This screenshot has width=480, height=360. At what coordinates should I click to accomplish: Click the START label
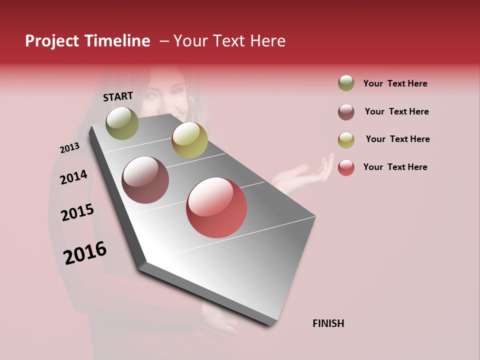tap(118, 96)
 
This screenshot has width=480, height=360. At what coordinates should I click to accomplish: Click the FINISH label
tap(328, 323)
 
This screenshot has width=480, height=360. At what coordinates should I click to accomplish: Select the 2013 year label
tap(69, 148)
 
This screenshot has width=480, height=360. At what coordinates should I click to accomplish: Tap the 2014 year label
tap(73, 177)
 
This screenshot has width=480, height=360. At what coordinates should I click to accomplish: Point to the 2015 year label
tap(77, 212)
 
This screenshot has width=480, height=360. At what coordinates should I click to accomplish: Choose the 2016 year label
tap(85, 252)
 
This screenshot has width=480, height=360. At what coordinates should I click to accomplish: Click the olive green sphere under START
tap(122, 123)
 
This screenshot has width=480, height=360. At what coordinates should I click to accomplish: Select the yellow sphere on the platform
tap(189, 140)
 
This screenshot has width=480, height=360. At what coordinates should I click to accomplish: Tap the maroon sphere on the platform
tap(145, 180)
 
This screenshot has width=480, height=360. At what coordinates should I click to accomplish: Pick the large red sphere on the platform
tap(216, 207)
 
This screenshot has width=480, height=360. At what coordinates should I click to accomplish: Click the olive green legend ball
tap(346, 83)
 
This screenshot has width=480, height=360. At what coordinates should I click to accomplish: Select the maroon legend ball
tap(346, 112)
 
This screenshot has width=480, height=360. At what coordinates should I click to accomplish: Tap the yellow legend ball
tap(346, 140)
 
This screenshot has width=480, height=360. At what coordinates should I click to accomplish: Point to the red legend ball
tap(346, 167)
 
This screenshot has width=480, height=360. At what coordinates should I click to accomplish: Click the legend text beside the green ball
tap(395, 83)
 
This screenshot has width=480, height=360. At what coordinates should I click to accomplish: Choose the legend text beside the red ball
tap(395, 167)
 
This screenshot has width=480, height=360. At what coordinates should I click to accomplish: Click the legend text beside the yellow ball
tap(397, 139)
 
